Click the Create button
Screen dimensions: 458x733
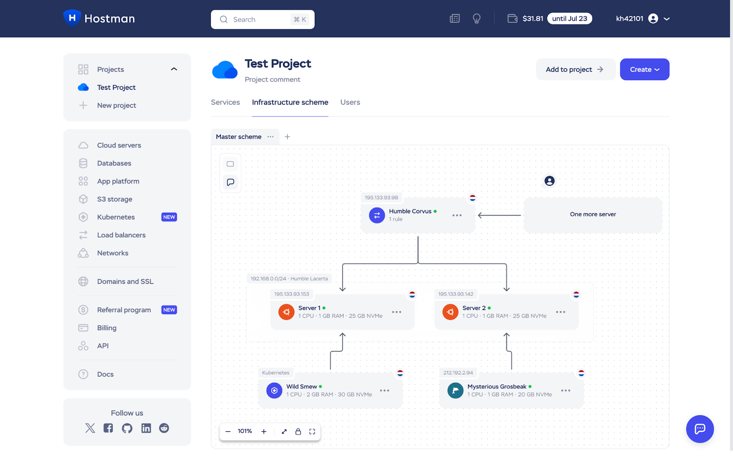(x=644, y=69)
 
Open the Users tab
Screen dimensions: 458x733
(x=350, y=102)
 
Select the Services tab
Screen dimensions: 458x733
(x=225, y=102)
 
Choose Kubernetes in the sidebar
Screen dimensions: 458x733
(x=116, y=217)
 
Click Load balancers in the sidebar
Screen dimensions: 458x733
(x=121, y=235)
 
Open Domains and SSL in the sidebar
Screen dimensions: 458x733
(x=125, y=281)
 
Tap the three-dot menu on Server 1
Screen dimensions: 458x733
(x=396, y=312)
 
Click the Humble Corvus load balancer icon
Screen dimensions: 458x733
(x=377, y=215)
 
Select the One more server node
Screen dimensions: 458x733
(x=592, y=215)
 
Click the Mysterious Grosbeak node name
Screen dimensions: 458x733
(x=497, y=386)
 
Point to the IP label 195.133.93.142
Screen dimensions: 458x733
(x=455, y=294)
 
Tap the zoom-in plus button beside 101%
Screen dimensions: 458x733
(x=264, y=431)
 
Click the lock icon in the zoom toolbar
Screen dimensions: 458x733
(x=298, y=431)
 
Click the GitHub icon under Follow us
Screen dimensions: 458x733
(x=127, y=428)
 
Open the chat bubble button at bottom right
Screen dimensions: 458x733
(x=700, y=429)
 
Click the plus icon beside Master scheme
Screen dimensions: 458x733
(x=287, y=137)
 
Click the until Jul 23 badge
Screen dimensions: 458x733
(x=569, y=19)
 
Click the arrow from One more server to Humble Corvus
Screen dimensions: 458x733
(x=499, y=215)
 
